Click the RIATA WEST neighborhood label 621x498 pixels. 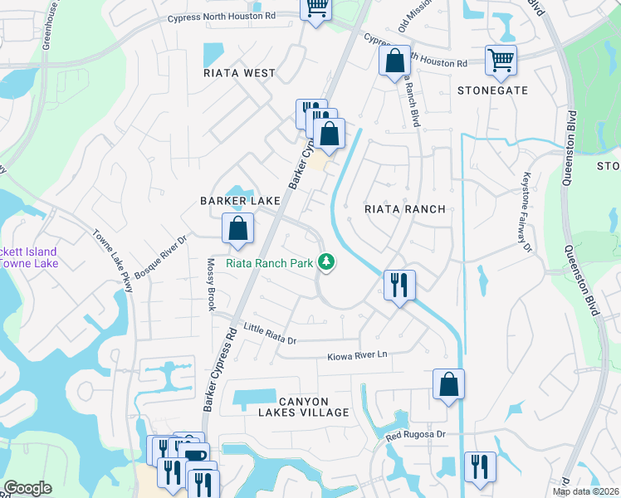tap(239, 73)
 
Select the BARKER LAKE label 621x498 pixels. tap(236, 201)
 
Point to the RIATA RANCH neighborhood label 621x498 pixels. tap(405, 209)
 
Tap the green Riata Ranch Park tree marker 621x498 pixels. tap(327, 262)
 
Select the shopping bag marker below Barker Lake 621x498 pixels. tap(237, 228)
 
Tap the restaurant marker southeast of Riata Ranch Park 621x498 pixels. tap(399, 286)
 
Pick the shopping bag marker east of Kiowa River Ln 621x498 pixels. tap(448, 383)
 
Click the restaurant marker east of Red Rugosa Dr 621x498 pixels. tap(480, 466)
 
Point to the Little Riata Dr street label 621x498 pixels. tap(269, 335)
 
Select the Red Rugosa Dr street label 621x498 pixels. tap(416, 435)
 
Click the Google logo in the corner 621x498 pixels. tap(27, 488)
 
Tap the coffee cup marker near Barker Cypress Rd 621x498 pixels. tap(196, 456)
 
